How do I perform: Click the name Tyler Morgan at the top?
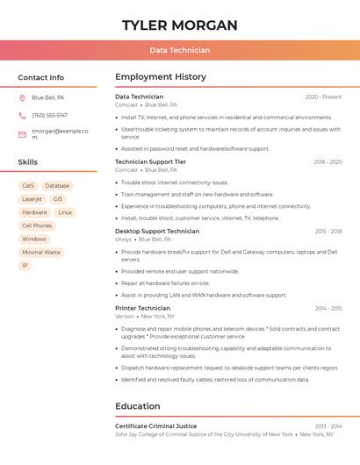pyautogui.click(x=179, y=25)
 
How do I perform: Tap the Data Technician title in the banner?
pyautogui.click(x=179, y=50)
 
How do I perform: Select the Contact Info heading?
pyautogui.click(x=40, y=77)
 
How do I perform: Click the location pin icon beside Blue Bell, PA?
pyautogui.click(x=22, y=97)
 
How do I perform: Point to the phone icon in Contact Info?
pyautogui.click(x=22, y=115)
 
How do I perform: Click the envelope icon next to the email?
pyautogui.click(x=22, y=134)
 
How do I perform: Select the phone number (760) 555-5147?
pyautogui.click(x=49, y=115)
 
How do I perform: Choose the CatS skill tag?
pyautogui.click(x=28, y=186)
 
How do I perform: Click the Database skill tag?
pyautogui.click(x=57, y=186)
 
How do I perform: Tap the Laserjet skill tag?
pyautogui.click(x=32, y=199)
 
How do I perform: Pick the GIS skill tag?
pyautogui.click(x=58, y=199)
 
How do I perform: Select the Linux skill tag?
pyautogui.click(x=65, y=212)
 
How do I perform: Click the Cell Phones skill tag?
pyautogui.click(x=37, y=225)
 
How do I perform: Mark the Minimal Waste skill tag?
pyautogui.click(x=41, y=252)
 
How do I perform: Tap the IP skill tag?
pyautogui.click(x=25, y=265)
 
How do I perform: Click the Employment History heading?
pyautogui.click(x=161, y=77)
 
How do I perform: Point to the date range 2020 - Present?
pyautogui.click(x=323, y=97)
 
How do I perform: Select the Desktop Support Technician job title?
pyautogui.click(x=157, y=231)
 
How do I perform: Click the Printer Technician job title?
pyautogui.click(x=142, y=308)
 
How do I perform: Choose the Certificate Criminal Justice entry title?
pyautogui.click(x=155, y=426)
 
